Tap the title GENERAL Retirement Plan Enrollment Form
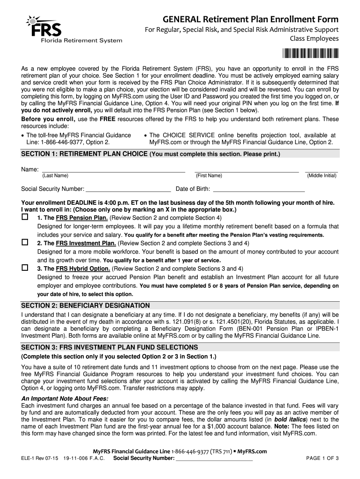[251, 19]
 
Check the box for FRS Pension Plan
[25, 218]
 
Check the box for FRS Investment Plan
[25, 243]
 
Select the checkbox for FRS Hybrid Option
[25, 269]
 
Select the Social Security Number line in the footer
[214, 458]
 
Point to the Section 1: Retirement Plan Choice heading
[84, 154]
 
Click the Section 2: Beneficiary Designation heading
[86, 305]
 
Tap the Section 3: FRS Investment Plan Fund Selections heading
[110, 347]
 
